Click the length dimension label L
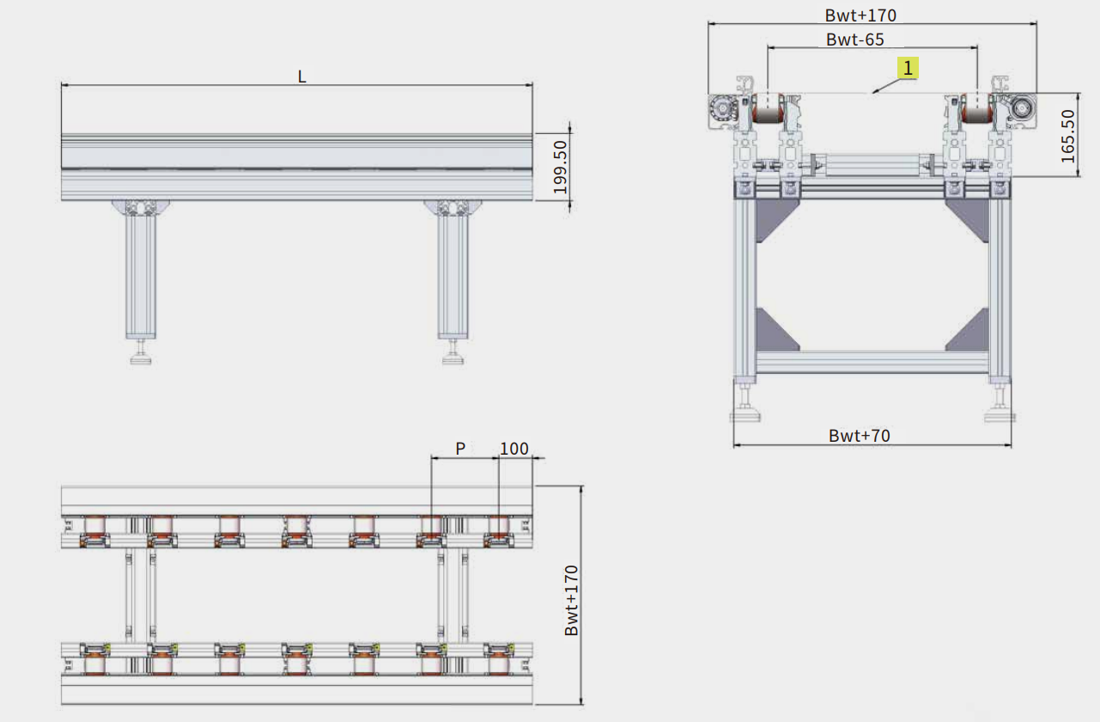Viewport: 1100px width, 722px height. pyautogui.click(x=302, y=76)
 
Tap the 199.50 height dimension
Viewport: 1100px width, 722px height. pyautogui.click(x=561, y=167)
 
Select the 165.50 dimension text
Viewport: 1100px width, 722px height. pyautogui.click(x=1067, y=137)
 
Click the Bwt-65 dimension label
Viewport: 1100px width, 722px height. pyautogui.click(x=855, y=40)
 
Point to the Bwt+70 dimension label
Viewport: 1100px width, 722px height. pyautogui.click(x=860, y=436)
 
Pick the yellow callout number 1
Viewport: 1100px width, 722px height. pyautogui.click(x=908, y=68)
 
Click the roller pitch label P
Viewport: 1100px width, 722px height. pyautogui.click(x=460, y=448)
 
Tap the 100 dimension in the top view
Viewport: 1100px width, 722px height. pyautogui.click(x=514, y=448)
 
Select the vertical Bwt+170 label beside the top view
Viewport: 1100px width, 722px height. pyautogui.click(x=572, y=601)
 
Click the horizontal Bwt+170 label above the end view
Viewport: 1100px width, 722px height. pyautogui.click(x=860, y=15)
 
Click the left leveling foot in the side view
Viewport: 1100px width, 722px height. pyautogui.click(x=141, y=352)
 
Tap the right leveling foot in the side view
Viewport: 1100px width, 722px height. pyautogui.click(x=453, y=352)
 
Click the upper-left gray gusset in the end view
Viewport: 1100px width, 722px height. pyautogui.click(x=774, y=218)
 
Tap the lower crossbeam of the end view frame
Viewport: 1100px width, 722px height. pyautogui.click(x=872, y=362)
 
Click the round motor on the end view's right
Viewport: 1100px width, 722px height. pyautogui.click(x=1023, y=107)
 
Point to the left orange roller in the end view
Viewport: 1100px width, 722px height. pyautogui.click(x=768, y=108)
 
